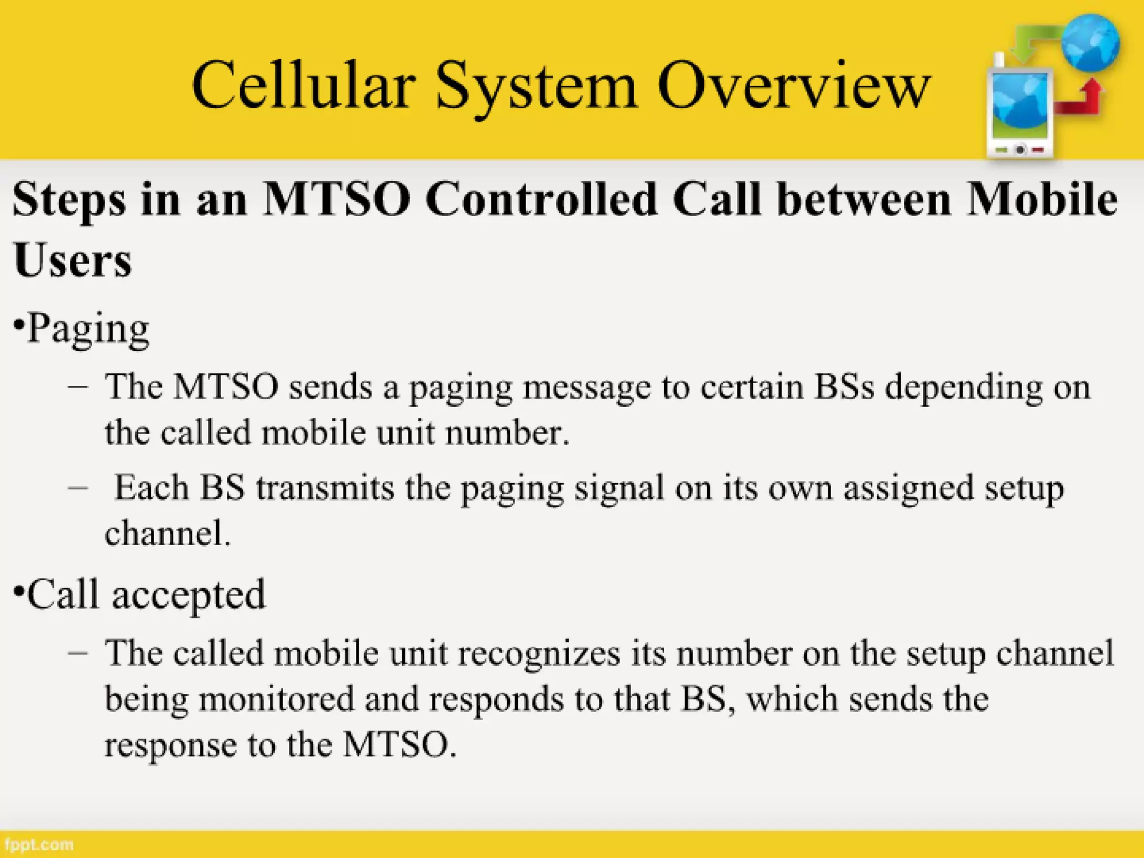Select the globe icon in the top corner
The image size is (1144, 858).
1090,44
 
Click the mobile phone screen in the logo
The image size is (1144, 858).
1019,106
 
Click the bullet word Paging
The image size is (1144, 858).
88,328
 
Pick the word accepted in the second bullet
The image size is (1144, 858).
189,595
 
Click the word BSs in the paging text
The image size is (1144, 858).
843,386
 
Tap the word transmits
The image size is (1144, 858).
325,488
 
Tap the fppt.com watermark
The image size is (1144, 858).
38,844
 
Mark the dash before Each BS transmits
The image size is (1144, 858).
78,487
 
